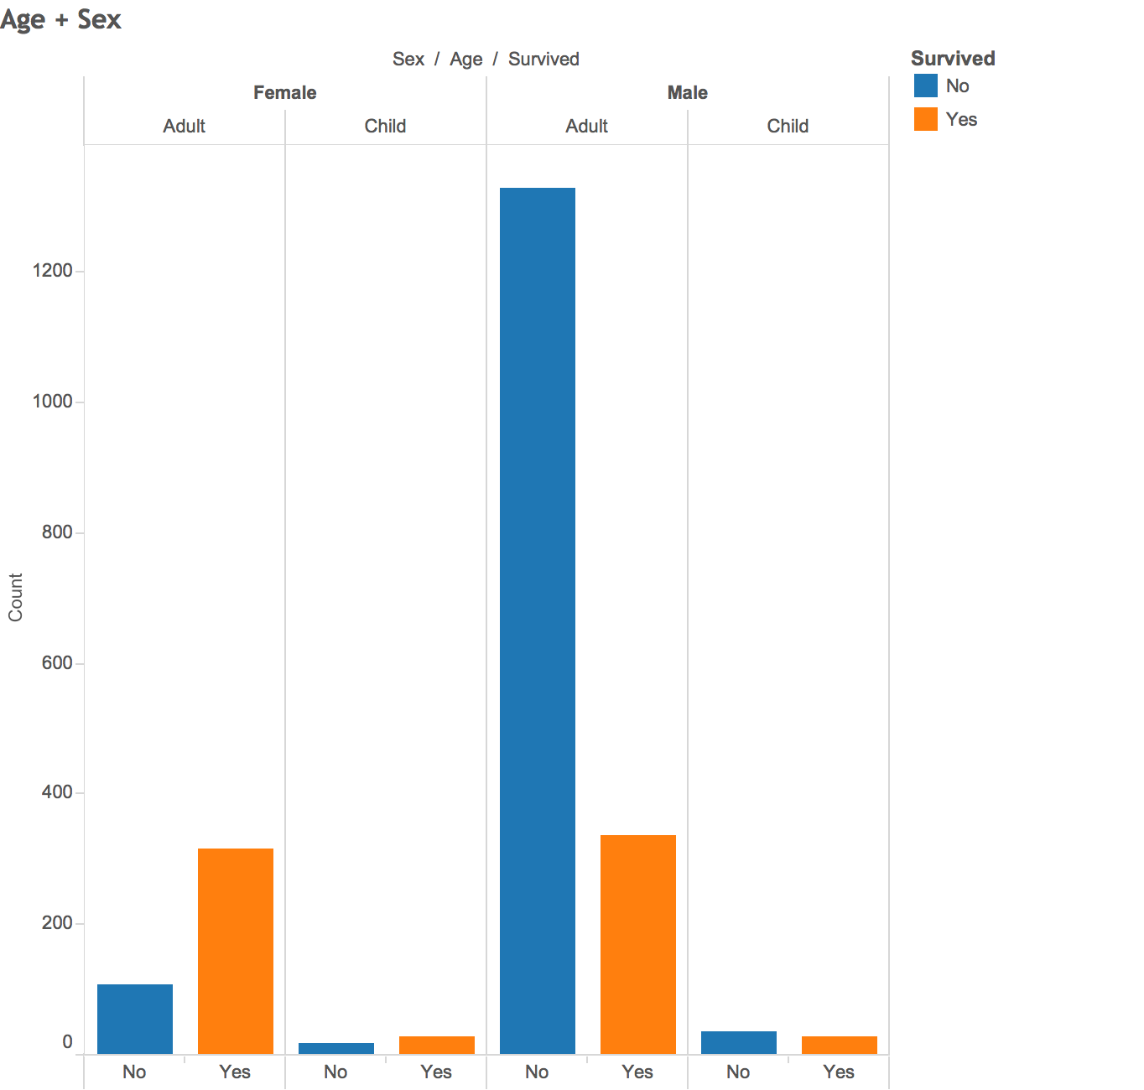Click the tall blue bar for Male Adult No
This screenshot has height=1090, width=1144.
coord(537,620)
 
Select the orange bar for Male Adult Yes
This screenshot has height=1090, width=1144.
coord(637,944)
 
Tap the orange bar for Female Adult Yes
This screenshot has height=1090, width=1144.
coord(235,951)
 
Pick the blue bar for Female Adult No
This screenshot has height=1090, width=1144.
coord(134,1019)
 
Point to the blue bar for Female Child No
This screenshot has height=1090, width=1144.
coord(335,1048)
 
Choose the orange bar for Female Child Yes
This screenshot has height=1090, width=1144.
coord(436,1045)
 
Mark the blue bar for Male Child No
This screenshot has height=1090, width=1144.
coord(738,1042)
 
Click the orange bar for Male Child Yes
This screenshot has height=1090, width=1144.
coord(839,1045)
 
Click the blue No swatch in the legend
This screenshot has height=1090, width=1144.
coord(925,86)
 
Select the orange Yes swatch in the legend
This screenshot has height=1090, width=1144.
coord(925,119)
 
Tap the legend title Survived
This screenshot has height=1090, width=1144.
coord(953,58)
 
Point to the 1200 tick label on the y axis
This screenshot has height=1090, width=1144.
coord(52,271)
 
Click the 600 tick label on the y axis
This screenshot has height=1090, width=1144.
coord(57,663)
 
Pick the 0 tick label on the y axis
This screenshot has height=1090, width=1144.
coord(67,1041)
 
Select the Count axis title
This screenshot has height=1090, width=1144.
coord(15,597)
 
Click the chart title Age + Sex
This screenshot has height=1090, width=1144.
coord(60,19)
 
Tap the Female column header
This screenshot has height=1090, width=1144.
coord(284,92)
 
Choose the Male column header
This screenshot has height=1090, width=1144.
coord(687,92)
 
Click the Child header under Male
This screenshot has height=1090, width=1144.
coord(788,126)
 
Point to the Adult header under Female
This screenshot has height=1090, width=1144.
coord(184,126)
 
